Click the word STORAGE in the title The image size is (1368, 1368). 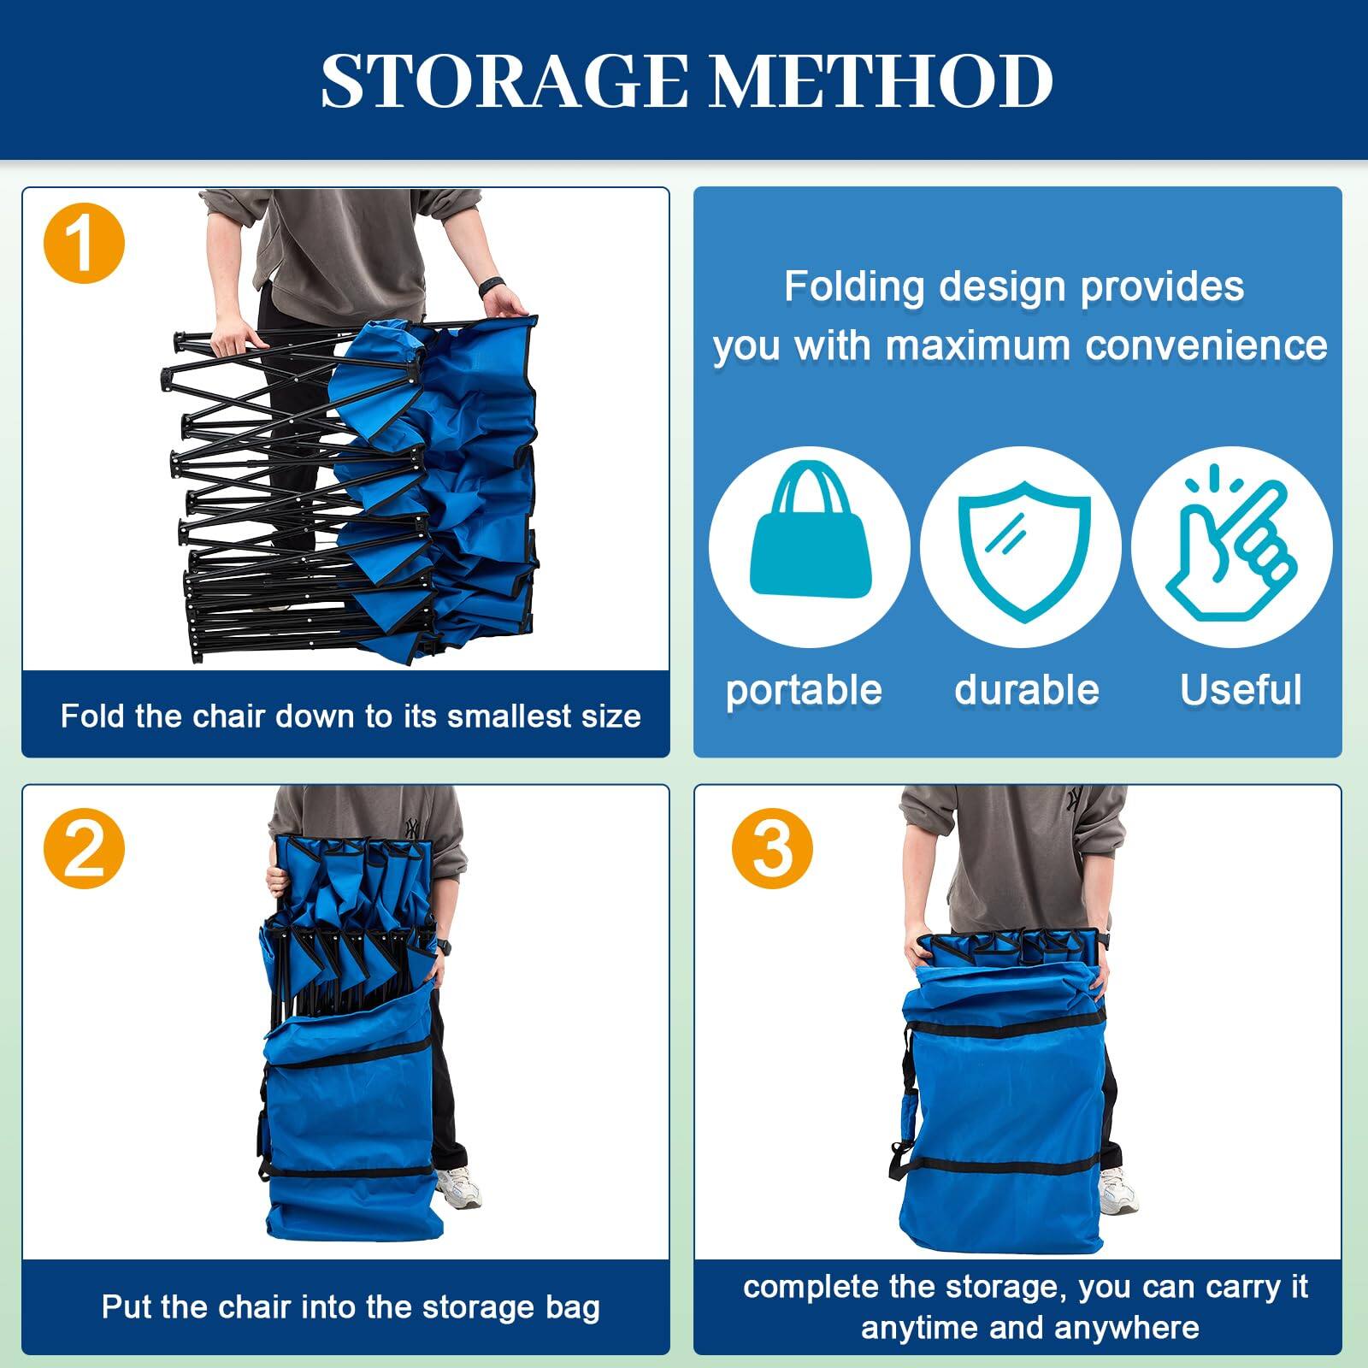pyautogui.click(x=504, y=81)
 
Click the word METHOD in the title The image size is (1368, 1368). pyautogui.click(x=881, y=81)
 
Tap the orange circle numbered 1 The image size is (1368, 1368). pyautogui.click(x=84, y=243)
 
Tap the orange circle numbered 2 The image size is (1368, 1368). pyautogui.click(x=84, y=848)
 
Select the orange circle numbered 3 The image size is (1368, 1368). pyautogui.click(x=772, y=848)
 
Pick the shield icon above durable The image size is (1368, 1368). pyautogui.click(x=1023, y=547)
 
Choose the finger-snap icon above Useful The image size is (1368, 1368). pyautogui.click(x=1231, y=547)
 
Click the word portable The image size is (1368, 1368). pyautogui.click(x=804, y=690)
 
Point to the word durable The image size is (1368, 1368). pyautogui.click(x=1026, y=690)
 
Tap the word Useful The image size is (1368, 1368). pyautogui.click(x=1241, y=690)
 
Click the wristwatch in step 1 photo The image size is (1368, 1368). pyautogui.click(x=490, y=285)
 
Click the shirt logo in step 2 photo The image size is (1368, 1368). pyautogui.click(x=414, y=827)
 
